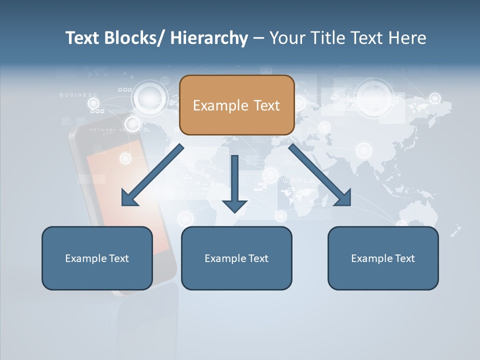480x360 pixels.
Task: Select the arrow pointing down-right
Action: (x=320, y=175)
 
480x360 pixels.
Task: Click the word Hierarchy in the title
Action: (x=209, y=38)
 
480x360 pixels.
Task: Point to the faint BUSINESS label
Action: (x=78, y=94)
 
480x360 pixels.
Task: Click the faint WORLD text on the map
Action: (x=299, y=180)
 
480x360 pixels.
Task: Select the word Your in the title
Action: (x=286, y=38)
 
